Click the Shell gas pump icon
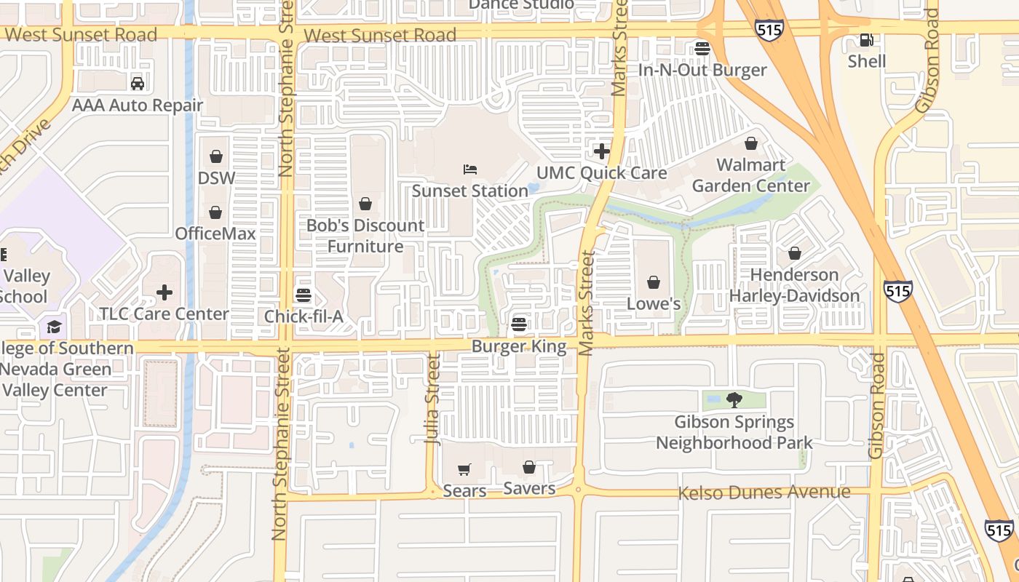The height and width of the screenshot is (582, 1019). click(x=866, y=40)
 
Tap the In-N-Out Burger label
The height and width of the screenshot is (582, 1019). click(x=702, y=70)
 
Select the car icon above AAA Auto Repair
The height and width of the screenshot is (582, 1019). click(x=138, y=84)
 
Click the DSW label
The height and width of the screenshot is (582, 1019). click(x=216, y=178)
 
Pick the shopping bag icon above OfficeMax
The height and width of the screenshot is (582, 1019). click(x=215, y=212)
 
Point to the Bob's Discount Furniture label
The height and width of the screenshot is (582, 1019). click(x=365, y=236)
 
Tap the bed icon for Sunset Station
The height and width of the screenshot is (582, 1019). click(x=470, y=170)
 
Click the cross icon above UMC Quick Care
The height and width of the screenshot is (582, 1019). click(x=602, y=151)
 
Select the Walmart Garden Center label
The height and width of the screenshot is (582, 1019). click(x=750, y=175)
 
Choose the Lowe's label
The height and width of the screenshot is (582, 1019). click(x=654, y=303)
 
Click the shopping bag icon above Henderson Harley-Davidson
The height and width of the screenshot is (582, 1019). click(x=795, y=253)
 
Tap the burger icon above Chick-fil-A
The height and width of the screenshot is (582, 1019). click(x=304, y=295)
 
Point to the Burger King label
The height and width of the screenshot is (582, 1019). click(x=519, y=346)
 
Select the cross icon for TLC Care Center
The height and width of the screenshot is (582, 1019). click(x=164, y=292)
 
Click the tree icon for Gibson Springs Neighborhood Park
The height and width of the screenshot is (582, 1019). click(x=734, y=399)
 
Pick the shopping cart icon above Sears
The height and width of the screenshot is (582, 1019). click(x=464, y=469)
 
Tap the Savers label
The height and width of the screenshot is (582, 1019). click(x=529, y=488)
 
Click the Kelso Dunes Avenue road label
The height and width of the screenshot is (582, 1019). click(x=764, y=493)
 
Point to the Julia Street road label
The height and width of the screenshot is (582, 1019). click(x=433, y=399)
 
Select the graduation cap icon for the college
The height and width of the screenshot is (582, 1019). click(x=54, y=327)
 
